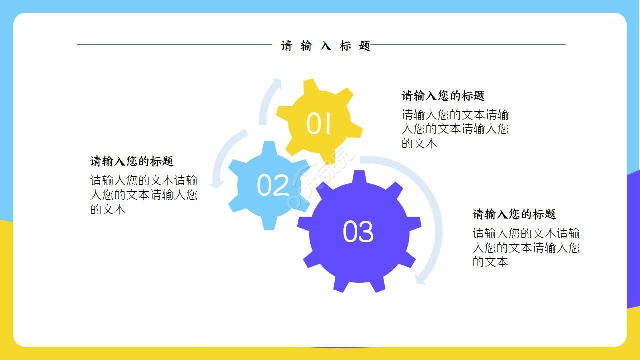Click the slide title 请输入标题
326,46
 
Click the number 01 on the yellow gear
318,123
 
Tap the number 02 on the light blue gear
273,185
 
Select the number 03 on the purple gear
358,232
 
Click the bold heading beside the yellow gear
443,96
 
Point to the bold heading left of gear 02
132,161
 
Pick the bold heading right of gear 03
514,214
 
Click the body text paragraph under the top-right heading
455,129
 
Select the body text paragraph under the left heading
144,195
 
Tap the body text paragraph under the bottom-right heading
526,248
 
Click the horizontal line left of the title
175,45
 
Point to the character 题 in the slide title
365,46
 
